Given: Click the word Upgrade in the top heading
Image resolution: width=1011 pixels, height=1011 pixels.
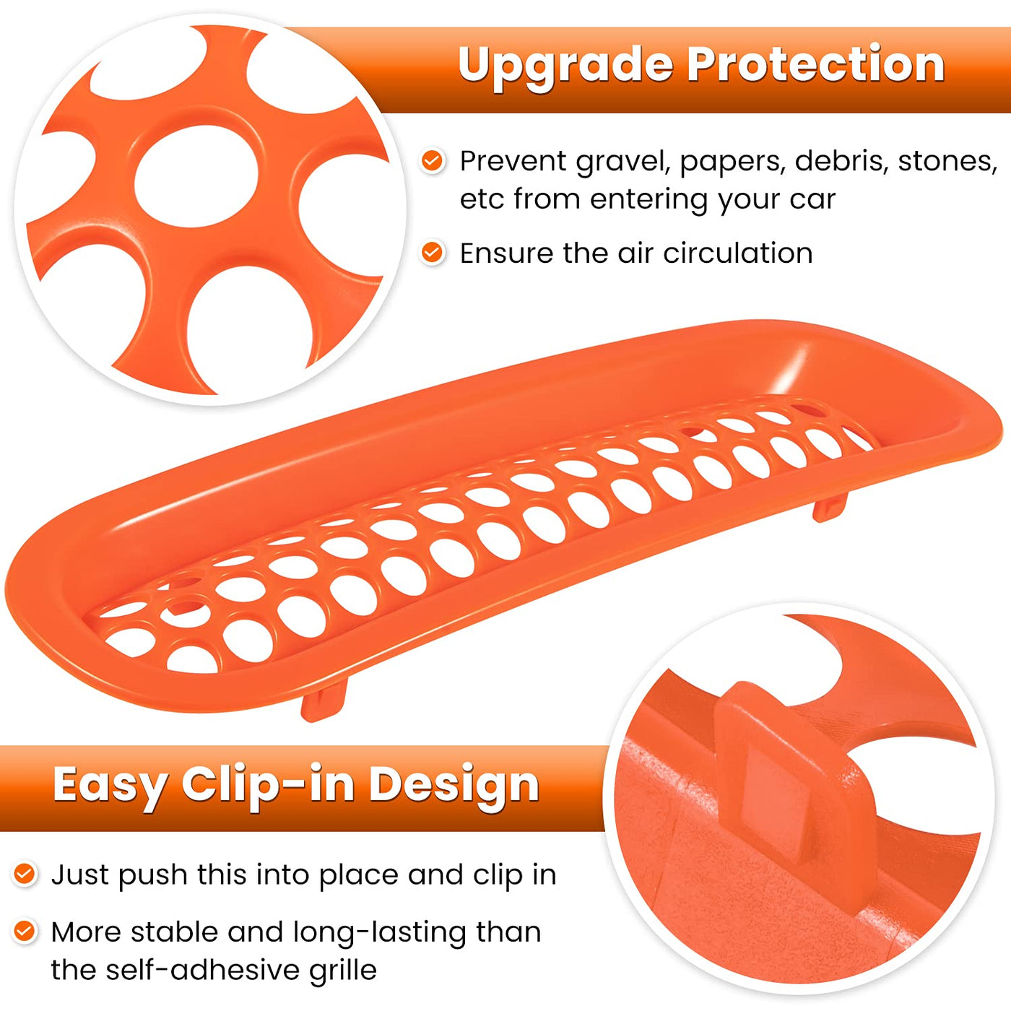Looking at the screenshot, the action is click(x=565, y=66).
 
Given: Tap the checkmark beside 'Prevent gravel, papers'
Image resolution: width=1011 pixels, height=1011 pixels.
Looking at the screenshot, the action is click(x=433, y=160).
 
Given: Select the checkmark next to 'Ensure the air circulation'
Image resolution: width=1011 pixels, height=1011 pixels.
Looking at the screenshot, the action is click(x=433, y=253).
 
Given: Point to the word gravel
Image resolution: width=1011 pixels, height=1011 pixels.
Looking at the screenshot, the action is click(x=624, y=162).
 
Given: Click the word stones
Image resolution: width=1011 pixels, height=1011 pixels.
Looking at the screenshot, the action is click(x=947, y=160).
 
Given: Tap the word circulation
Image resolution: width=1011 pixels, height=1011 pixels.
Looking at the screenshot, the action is click(x=738, y=253).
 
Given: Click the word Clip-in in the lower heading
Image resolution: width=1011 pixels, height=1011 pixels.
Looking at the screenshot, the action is click(x=268, y=786).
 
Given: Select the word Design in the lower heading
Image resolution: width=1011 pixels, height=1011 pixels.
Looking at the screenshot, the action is click(x=454, y=786).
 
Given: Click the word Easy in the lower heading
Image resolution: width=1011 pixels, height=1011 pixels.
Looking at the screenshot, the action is click(x=110, y=786).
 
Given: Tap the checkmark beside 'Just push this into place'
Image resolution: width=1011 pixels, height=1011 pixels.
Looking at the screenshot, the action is click(x=24, y=874).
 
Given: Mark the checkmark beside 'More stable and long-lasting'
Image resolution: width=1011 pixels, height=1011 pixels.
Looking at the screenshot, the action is click(x=24, y=932).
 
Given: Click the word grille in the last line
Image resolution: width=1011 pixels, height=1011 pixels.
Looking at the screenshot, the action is click(x=342, y=971).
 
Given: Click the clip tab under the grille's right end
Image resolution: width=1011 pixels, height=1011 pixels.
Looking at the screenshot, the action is click(x=830, y=506).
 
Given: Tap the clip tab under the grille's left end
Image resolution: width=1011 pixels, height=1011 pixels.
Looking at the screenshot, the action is click(x=324, y=699).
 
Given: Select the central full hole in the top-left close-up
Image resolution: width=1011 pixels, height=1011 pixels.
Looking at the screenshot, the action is click(x=196, y=176).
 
